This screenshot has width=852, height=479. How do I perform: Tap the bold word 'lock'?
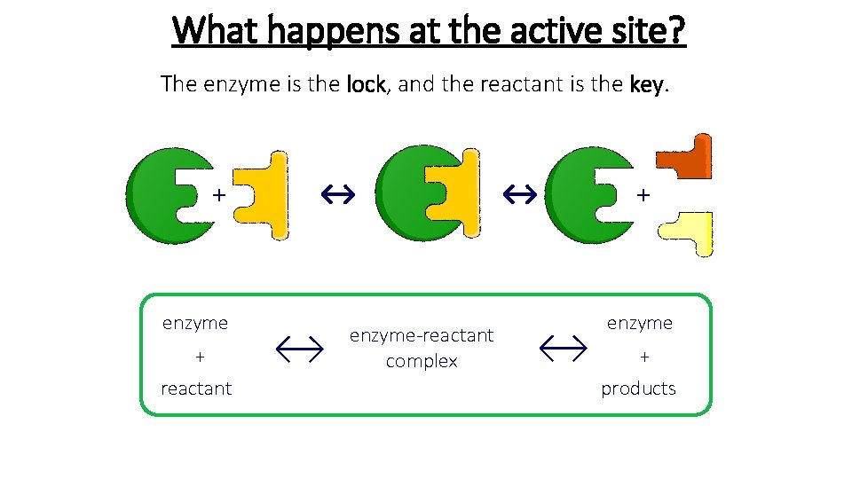[x=366, y=85]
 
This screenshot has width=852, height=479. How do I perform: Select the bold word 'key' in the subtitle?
[x=645, y=85]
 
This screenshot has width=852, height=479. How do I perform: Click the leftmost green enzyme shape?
[x=160, y=196]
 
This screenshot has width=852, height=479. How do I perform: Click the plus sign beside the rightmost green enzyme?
[x=643, y=192]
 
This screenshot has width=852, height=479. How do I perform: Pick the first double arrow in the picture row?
[x=337, y=192]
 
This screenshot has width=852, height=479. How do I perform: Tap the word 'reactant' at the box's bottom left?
[x=196, y=389]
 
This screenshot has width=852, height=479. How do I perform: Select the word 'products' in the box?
[x=638, y=389]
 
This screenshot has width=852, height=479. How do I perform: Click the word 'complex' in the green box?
[x=422, y=361]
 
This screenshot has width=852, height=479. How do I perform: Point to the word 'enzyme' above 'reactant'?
[x=195, y=323]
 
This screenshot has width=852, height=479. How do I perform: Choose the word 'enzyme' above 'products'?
[x=639, y=323]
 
